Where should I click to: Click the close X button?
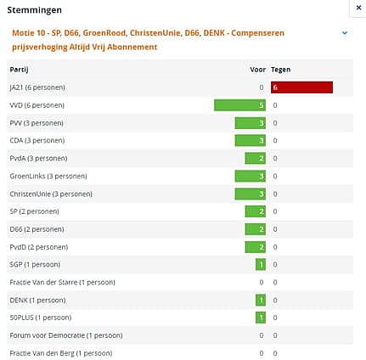(358, 8)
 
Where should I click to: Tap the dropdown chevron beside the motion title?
(345, 33)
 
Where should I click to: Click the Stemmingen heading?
(34, 10)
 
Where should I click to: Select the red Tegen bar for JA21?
(301, 87)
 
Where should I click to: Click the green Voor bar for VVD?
(239, 105)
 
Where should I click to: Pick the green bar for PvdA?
(255, 158)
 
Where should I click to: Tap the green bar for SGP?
(261, 265)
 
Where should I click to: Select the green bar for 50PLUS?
(261, 318)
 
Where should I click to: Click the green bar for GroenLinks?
(251, 176)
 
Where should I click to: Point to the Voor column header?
(257, 70)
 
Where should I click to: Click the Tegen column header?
(280, 70)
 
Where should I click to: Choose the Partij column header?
(19, 70)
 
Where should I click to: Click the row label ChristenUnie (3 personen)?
(51, 194)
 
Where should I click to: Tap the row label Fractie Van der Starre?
(62, 283)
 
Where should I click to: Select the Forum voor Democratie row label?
(66, 335)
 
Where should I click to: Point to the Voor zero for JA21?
(262, 87)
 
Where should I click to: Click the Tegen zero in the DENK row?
(275, 300)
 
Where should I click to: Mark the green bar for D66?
(255, 229)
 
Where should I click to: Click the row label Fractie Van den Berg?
(61, 353)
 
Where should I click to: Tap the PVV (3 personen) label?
(37, 123)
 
